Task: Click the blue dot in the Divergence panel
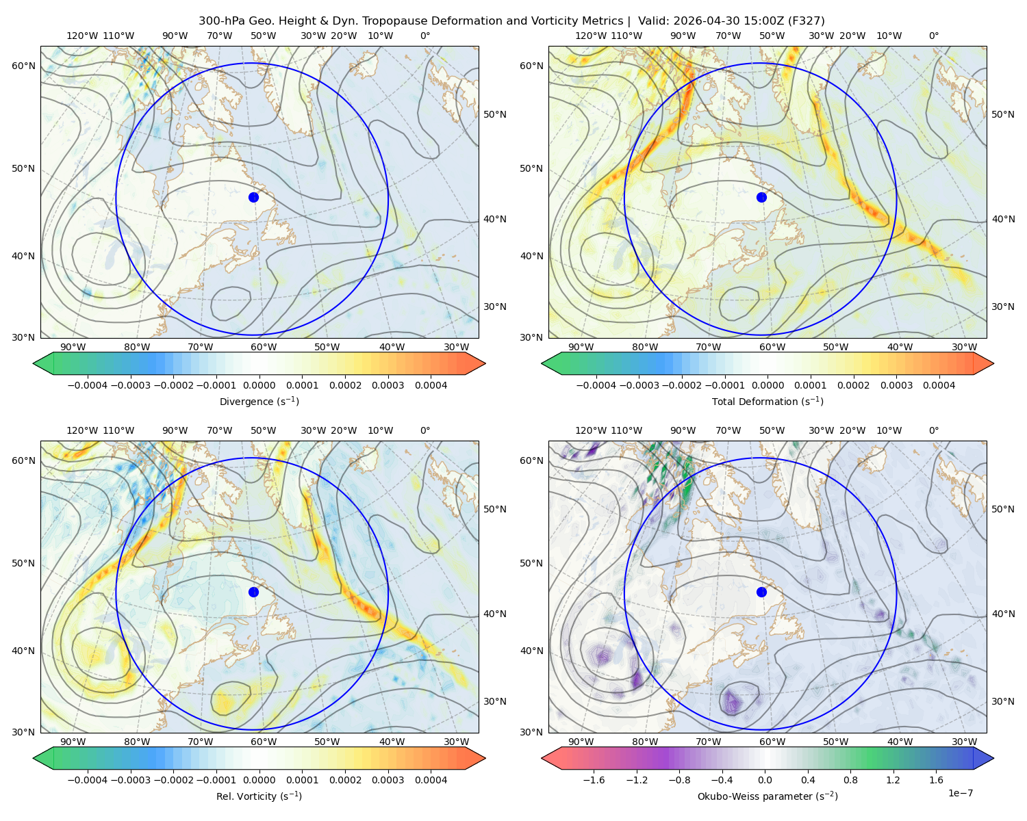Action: click(x=253, y=197)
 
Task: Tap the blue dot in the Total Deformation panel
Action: click(x=761, y=197)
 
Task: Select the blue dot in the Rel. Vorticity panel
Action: click(x=253, y=592)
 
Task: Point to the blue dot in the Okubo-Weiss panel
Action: click(x=761, y=592)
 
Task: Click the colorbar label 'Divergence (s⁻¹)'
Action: click(x=259, y=401)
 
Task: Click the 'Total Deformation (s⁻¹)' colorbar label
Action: click(x=768, y=401)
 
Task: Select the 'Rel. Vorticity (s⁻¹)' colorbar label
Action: click(x=259, y=796)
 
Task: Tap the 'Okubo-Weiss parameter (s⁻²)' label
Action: click(x=768, y=796)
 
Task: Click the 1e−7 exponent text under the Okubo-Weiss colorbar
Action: click(x=960, y=793)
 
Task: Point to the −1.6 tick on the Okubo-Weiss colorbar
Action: click(x=594, y=780)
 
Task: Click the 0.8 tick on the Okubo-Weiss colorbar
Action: click(x=850, y=780)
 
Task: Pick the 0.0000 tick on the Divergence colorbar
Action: click(x=259, y=385)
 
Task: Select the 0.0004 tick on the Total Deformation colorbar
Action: click(x=939, y=385)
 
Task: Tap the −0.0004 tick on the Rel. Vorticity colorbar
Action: click(x=88, y=780)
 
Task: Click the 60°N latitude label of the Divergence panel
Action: click(x=23, y=66)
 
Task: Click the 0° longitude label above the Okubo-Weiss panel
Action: click(x=933, y=430)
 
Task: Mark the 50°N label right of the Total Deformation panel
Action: click(x=1003, y=114)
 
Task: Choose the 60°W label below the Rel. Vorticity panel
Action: click(x=264, y=742)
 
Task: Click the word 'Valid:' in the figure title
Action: click(x=654, y=21)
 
